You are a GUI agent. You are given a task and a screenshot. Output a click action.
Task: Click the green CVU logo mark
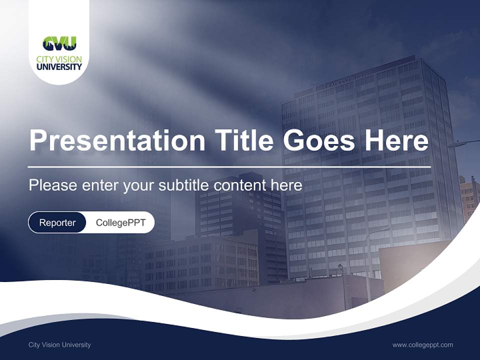[x=59, y=44]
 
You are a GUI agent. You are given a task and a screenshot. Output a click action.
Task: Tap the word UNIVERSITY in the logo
[x=59, y=66]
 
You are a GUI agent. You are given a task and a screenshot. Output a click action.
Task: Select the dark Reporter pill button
[x=57, y=222]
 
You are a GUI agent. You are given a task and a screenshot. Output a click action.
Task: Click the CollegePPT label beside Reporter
[x=120, y=222]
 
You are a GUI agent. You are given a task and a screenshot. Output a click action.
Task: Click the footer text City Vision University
[x=59, y=344]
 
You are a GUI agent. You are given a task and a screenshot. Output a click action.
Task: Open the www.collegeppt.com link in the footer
[x=422, y=344]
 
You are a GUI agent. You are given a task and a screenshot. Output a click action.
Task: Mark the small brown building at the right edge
[x=469, y=197]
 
